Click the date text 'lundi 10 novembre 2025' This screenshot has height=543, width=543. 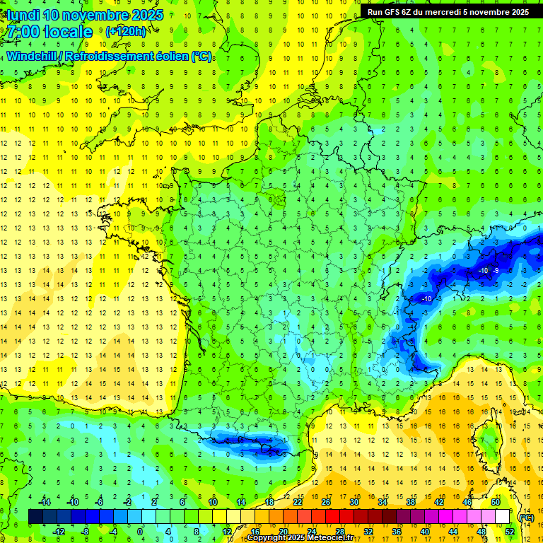[83, 15]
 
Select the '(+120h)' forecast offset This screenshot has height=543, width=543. [126, 32]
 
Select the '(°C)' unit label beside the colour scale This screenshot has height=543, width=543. [526, 518]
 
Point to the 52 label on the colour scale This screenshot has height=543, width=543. [509, 531]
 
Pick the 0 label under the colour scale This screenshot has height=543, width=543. [140, 531]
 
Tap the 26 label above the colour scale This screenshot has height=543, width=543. [325, 502]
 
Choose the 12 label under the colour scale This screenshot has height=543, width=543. [226, 531]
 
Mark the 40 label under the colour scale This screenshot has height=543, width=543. [424, 531]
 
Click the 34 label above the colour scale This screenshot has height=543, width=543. [382, 502]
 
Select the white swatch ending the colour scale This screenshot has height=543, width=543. [502, 517]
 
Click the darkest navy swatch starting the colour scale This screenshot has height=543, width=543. [35, 517]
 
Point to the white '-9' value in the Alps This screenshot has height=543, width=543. [496, 271]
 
